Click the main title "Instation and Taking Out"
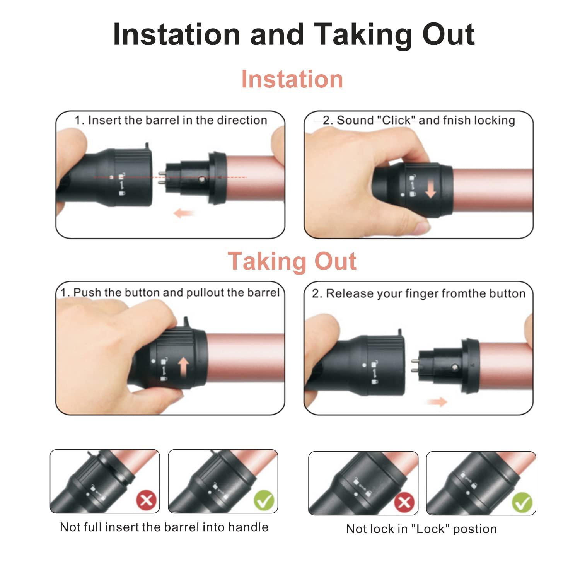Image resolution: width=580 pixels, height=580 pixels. [293, 35]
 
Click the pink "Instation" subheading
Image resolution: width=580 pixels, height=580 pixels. [292, 79]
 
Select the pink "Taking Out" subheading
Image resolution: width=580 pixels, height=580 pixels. [292, 261]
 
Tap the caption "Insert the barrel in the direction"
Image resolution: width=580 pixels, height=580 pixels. [177, 120]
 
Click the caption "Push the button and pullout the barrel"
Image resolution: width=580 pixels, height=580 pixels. [176, 293]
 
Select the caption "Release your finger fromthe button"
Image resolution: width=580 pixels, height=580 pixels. [425, 293]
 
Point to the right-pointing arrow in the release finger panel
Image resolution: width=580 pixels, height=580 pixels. [437, 402]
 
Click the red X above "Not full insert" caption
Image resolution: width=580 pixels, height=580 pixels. [146, 500]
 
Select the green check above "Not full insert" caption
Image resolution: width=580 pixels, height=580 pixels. [264, 500]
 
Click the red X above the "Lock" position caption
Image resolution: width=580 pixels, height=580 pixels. [404, 502]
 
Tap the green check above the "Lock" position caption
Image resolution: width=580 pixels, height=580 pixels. [522, 502]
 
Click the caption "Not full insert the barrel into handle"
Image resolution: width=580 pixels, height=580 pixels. [164, 527]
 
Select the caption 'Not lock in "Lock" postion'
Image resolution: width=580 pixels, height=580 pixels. [421, 529]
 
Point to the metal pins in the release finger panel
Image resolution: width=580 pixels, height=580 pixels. [414, 365]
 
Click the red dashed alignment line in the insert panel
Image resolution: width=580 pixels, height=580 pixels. [232, 177]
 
